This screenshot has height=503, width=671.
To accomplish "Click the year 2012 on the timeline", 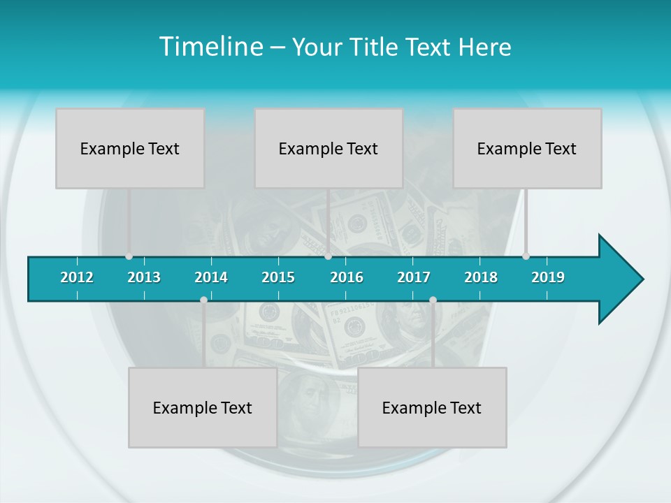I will pos(77,277).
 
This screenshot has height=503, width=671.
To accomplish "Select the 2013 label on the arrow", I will pos(144,277).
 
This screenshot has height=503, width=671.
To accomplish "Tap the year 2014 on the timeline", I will pos(211,277).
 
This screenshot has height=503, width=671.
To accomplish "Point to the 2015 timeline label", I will pos(278,277).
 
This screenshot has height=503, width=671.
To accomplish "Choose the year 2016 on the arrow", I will pos(347,277).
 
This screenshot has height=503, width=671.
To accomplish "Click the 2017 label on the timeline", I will pos(414,277).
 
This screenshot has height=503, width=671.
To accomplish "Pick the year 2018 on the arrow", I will pos(481,277).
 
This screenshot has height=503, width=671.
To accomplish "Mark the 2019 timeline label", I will pos(548,277).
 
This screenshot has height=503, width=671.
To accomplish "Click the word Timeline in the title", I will pos(210,47).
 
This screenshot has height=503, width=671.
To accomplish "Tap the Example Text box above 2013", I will pos(130,148).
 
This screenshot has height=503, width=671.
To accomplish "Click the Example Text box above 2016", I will pos(329,148).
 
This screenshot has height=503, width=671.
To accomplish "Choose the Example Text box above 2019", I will pos(527,148).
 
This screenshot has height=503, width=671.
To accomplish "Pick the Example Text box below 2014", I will pos(203,407).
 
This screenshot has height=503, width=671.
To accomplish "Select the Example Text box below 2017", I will pos(432,407).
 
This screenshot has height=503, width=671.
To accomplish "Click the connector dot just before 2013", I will pos(129,256).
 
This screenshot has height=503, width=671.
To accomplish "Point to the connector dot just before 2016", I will pos(329,256).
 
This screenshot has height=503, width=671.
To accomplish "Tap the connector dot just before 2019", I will pos(526,256).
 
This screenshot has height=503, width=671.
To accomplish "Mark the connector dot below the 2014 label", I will pos(203,300).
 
